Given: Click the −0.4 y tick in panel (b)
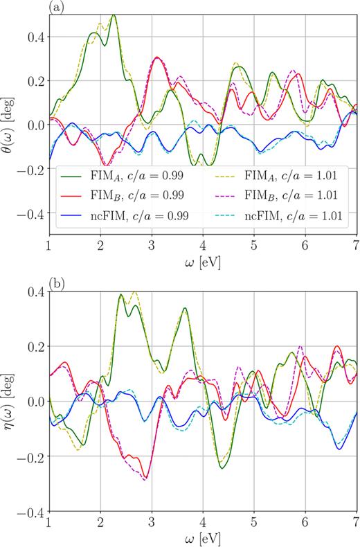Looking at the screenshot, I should [x=31, y=512].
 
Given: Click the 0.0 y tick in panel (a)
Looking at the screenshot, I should [x=35, y=125].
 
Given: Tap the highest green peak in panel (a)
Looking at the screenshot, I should [x=114, y=15].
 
